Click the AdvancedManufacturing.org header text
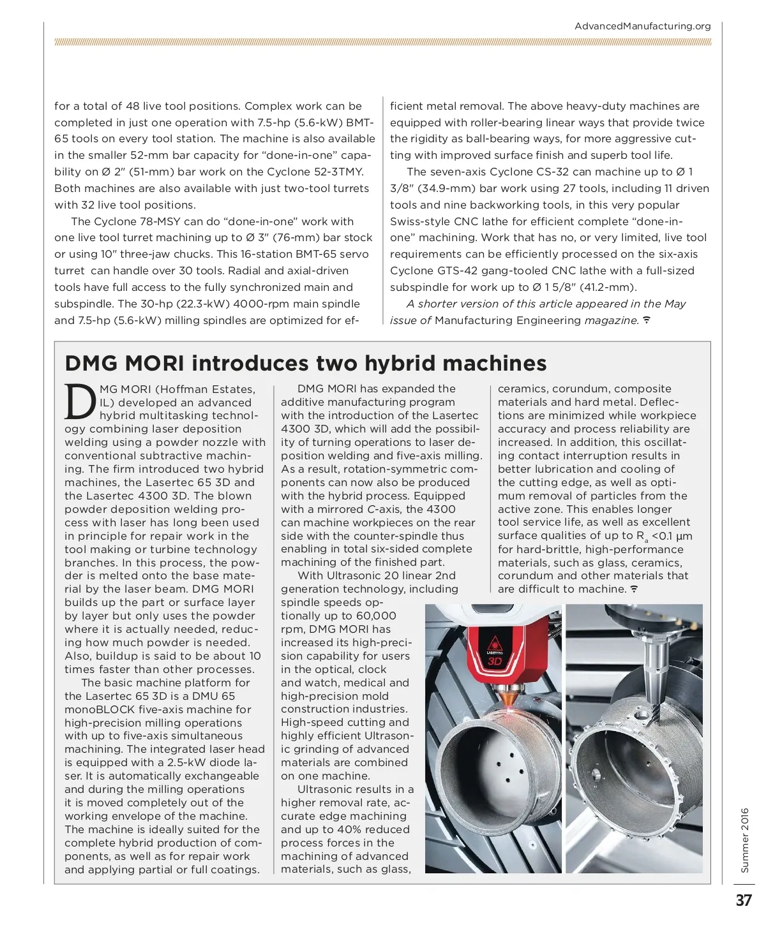pyautogui.click(x=642, y=26)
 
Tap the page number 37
pyautogui.click(x=744, y=900)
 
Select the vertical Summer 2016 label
pyautogui.click(x=745, y=840)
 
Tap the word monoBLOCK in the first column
pyautogui.click(x=100, y=709)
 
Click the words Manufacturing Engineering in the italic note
pyautogui.click(x=508, y=320)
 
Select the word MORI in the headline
pyautogui.click(x=154, y=363)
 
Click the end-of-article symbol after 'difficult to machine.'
pyautogui.click(x=634, y=589)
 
